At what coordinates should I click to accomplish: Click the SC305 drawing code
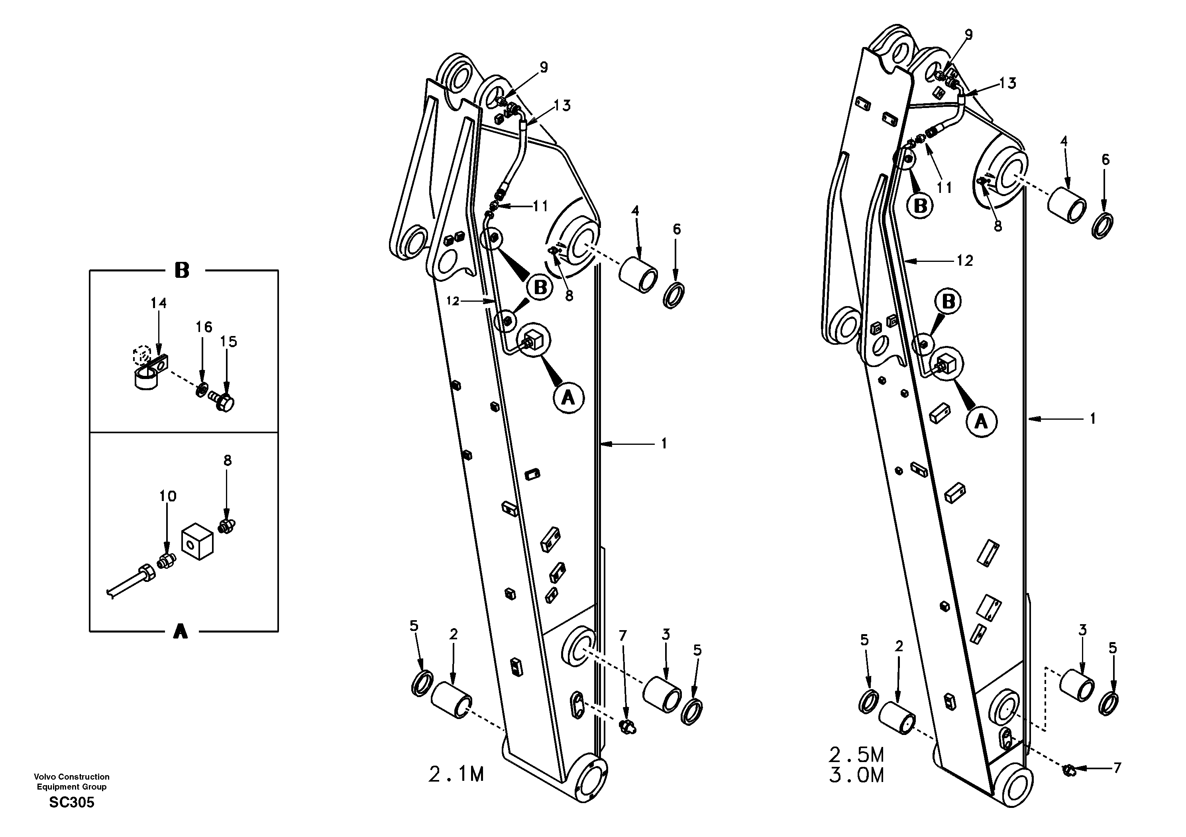tap(72, 802)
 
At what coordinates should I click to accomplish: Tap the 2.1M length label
tap(456, 774)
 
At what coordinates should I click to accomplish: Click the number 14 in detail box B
tap(159, 303)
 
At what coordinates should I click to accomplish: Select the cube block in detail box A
tap(197, 540)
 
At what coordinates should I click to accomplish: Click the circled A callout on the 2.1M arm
tap(568, 397)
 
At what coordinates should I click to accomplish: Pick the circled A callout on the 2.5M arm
tap(981, 422)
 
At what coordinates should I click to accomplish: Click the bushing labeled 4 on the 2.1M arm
tap(638, 274)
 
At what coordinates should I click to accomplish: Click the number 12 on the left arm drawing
tap(453, 301)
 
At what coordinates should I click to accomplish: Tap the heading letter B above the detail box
tap(181, 270)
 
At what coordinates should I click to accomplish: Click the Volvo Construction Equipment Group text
tap(72, 781)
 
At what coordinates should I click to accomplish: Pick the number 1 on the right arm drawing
tap(1092, 418)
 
